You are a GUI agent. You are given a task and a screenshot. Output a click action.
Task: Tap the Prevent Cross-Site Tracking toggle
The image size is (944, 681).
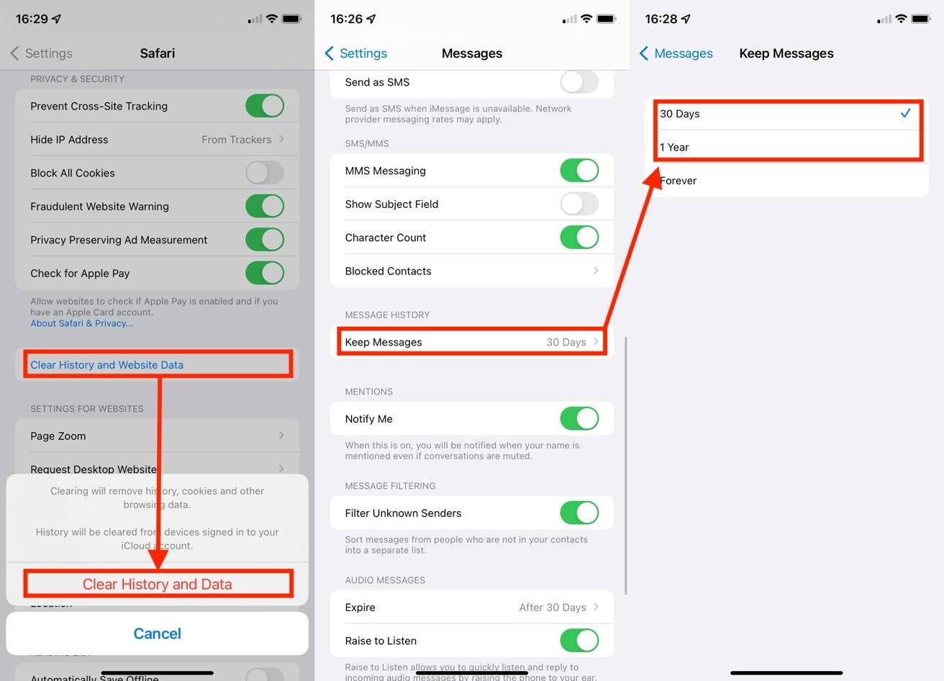(264, 106)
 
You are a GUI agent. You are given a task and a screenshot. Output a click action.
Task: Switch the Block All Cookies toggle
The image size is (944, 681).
(264, 173)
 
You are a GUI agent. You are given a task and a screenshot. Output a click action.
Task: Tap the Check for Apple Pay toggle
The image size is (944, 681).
(264, 273)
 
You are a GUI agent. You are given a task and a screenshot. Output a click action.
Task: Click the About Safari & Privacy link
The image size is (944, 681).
(81, 323)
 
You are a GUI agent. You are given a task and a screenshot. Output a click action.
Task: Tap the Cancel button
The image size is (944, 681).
(157, 633)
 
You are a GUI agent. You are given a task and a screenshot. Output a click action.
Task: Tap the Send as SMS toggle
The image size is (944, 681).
(579, 82)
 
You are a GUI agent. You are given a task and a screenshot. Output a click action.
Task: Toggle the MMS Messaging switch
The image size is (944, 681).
(579, 171)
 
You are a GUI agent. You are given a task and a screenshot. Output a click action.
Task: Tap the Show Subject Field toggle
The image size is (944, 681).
(579, 204)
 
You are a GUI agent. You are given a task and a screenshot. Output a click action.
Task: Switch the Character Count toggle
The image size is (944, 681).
(579, 238)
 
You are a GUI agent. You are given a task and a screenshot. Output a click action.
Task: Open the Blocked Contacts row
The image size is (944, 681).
(471, 271)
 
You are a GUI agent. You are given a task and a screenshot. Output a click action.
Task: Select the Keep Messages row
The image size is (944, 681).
(471, 342)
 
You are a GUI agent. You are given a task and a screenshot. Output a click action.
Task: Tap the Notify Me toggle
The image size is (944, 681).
(579, 419)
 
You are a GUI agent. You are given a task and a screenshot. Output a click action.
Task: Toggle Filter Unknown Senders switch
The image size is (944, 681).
(579, 513)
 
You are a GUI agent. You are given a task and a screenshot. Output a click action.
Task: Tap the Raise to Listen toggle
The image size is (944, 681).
(579, 641)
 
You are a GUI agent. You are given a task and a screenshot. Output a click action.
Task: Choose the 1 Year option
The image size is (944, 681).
(786, 147)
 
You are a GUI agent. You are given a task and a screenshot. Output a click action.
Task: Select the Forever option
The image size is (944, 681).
(786, 181)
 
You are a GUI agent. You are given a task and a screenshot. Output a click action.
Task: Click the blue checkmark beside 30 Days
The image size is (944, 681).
(905, 113)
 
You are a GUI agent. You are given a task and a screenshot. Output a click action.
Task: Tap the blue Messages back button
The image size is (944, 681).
(676, 53)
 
